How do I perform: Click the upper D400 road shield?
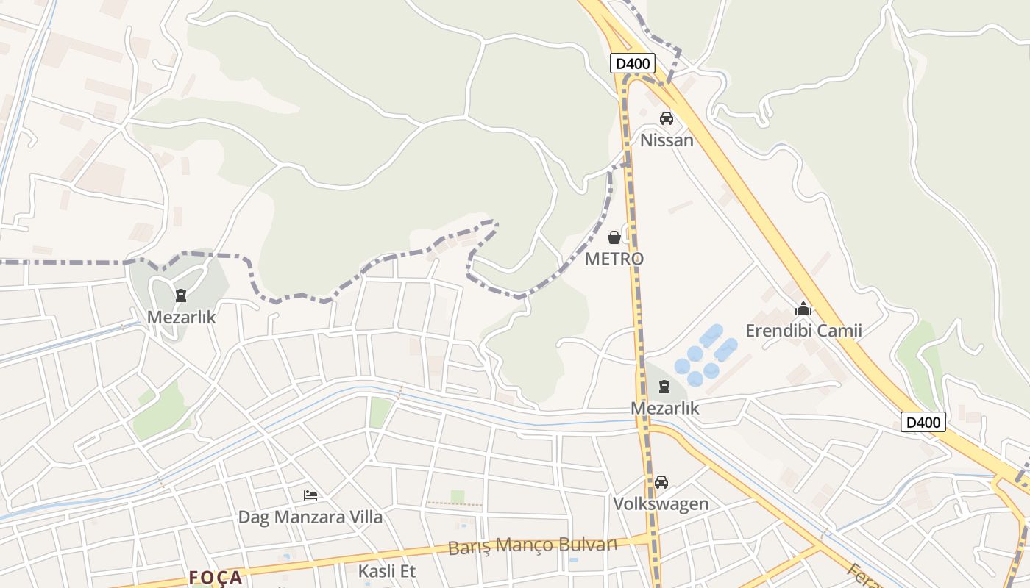point(632,63)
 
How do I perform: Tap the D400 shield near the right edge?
point(923,422)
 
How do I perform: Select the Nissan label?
point(667,140)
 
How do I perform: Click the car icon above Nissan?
point(667,118)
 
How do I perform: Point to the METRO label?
point(614,259)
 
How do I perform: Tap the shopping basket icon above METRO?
point(614,237)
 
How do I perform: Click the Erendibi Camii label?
point(803,331)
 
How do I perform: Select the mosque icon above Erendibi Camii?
point(803,309)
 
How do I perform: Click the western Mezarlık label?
point(181,318)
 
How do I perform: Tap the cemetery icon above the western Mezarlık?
point(181,296)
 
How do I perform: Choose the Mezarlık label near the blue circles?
point(664,408)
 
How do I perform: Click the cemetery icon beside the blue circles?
point(664,387)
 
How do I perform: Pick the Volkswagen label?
point(661,504)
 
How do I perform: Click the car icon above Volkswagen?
point(661,482)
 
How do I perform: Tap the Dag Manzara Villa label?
point(310,517)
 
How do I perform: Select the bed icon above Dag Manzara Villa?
point(310,495)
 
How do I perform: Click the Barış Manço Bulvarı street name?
point(532,545)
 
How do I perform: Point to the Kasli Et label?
point(386,571)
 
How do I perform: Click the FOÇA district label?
point(215,578)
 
